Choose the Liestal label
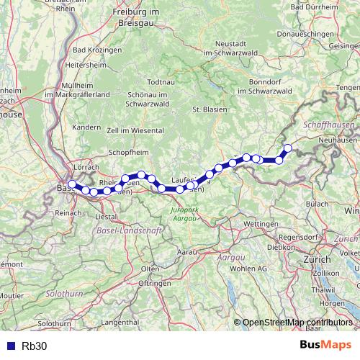106,216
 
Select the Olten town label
150,269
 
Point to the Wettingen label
261,225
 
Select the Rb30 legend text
35,345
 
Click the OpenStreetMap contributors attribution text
297,323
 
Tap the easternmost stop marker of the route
288,148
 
